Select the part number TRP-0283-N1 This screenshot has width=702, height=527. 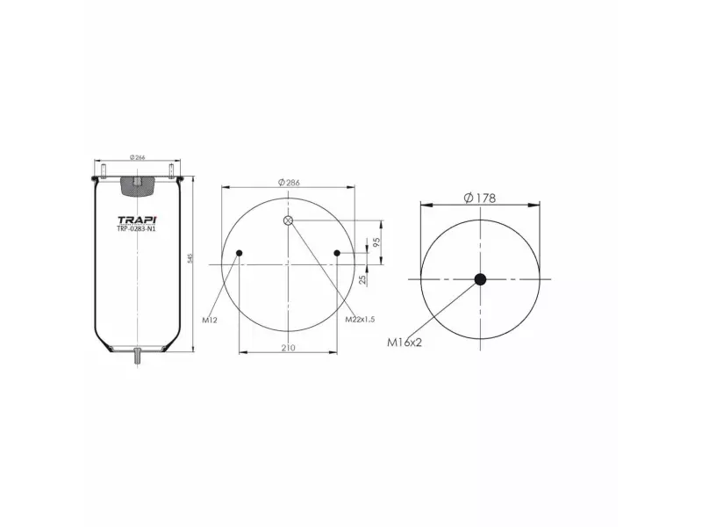pos(136,230)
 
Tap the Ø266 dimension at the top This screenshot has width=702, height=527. pos(136,157)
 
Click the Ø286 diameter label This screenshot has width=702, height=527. pos(289,182)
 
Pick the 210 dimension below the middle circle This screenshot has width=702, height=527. pos(288,348)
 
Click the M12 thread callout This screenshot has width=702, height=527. pos(209,320)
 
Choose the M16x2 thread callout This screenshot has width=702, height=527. pos(405,343)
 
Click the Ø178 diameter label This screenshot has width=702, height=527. pos(479,198)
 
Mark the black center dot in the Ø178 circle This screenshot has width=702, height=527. pos(480,280)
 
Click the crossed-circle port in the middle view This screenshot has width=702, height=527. pos(289,220)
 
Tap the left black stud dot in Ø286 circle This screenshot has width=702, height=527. pos(240,254)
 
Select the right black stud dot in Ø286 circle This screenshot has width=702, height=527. pos(337,254)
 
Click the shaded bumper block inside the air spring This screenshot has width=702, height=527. pos(136,184)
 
